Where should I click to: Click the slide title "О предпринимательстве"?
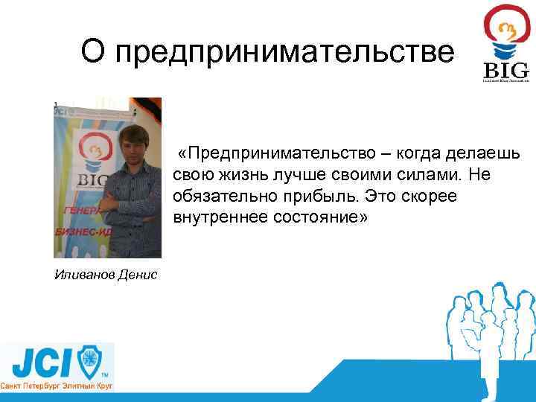[267, 52]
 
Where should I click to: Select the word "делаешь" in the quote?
[485, 153]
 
